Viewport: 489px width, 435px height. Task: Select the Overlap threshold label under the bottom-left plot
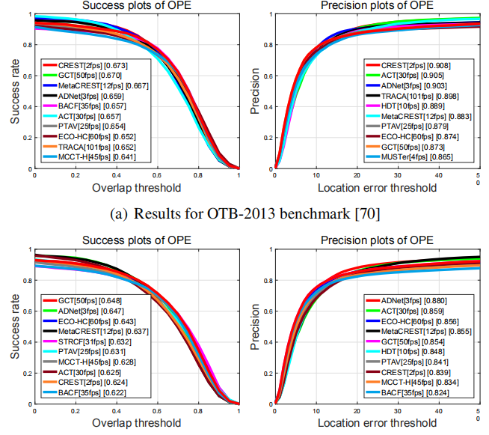tap(136, 422)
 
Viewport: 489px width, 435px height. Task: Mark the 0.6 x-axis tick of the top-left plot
tap(157, 175)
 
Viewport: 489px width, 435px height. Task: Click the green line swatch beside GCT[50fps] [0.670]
tap(54, 76)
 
